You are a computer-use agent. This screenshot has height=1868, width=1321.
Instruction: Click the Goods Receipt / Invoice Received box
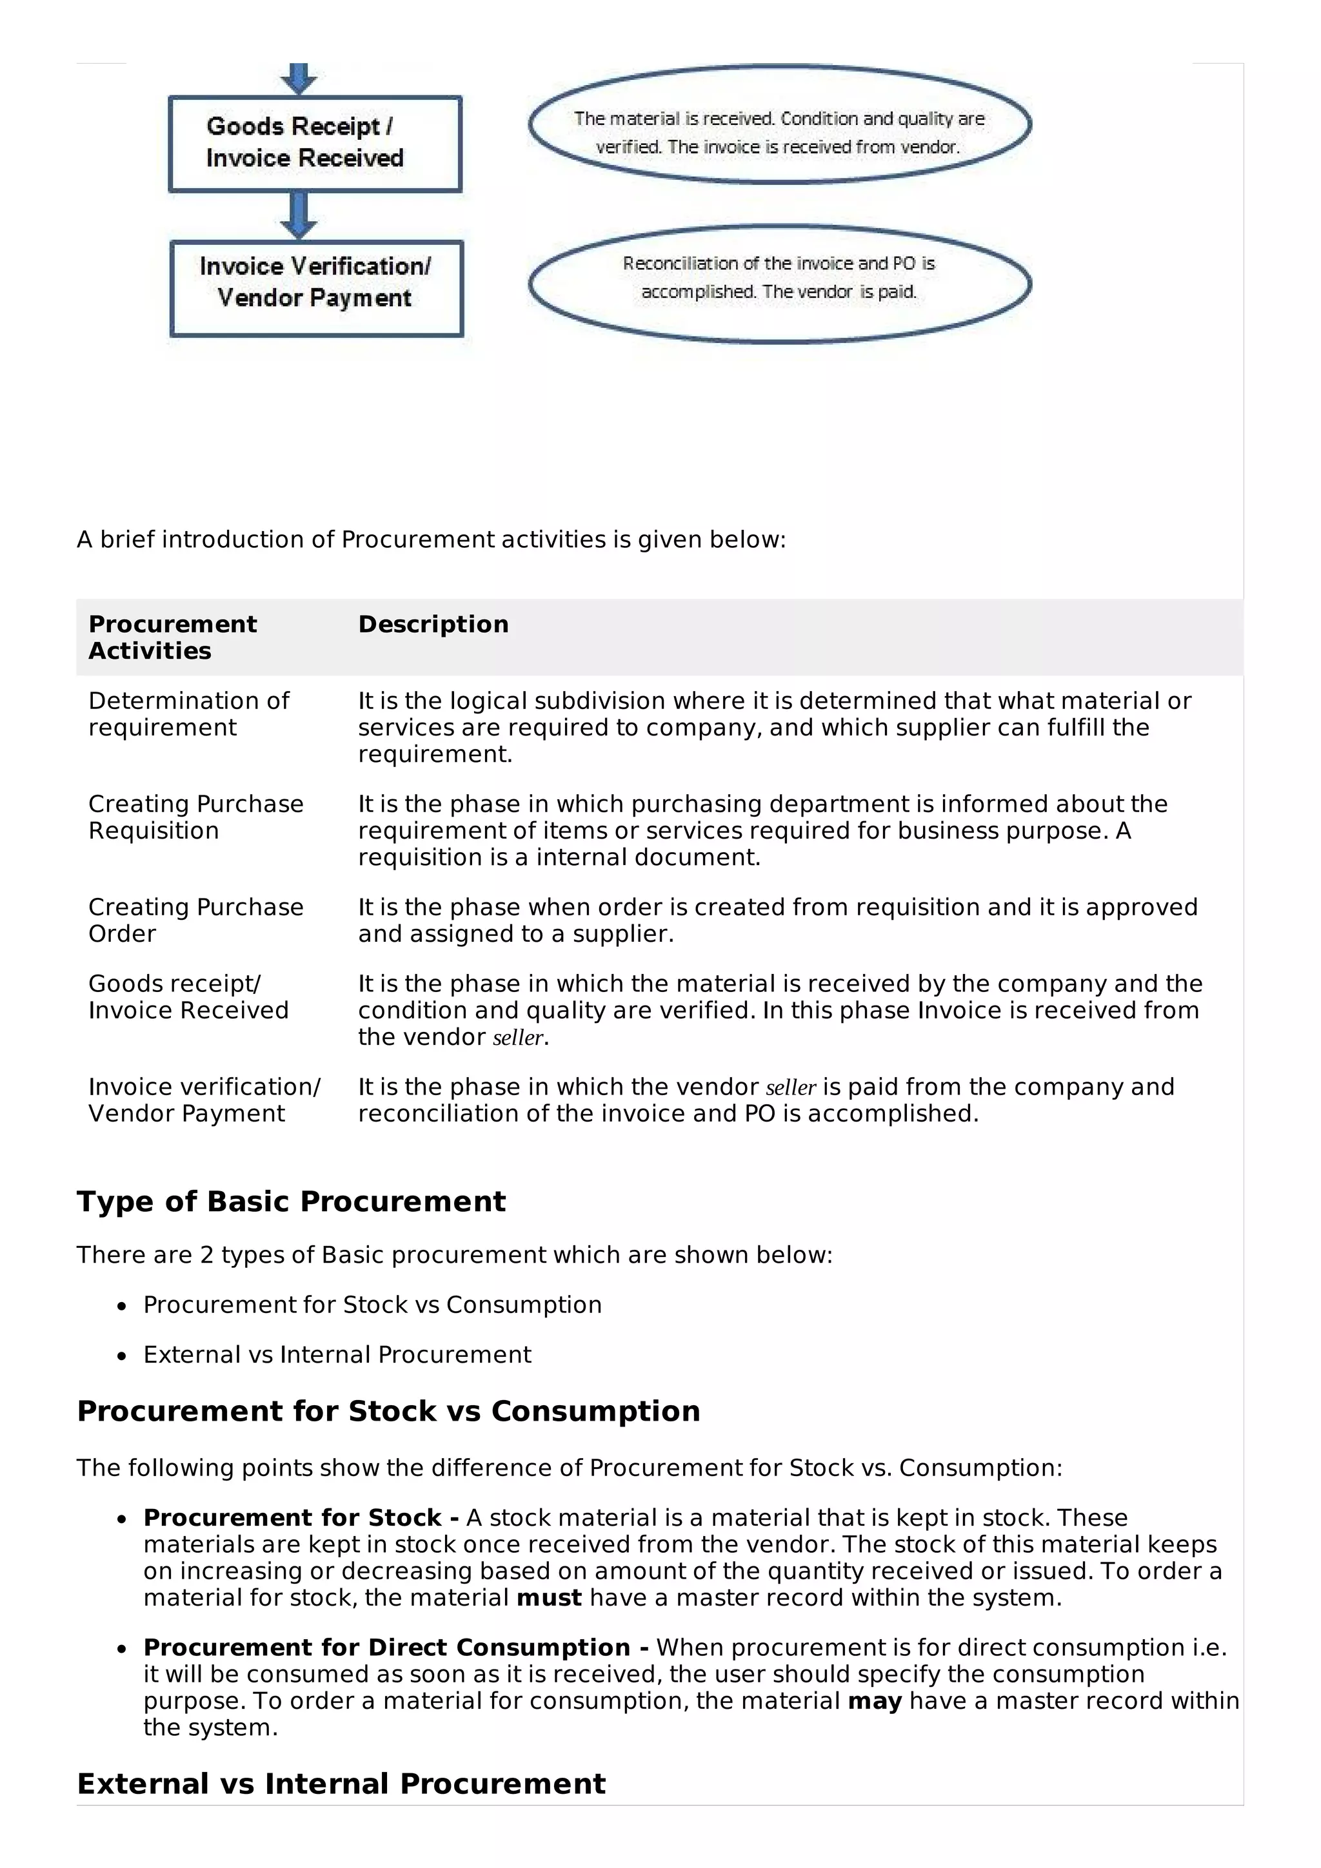click(314, 143)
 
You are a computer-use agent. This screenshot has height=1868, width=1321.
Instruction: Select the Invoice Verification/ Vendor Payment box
click(316, 288)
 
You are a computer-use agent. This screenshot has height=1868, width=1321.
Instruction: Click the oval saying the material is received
click(779, 124)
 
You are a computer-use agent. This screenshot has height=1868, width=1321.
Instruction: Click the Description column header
click(433, 624)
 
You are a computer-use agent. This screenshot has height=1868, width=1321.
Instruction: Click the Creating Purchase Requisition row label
click(195, 817)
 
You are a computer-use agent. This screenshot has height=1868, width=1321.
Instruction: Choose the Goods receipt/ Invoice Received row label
click(188, 997)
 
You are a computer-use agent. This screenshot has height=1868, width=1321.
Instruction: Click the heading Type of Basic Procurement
click(290, 1202)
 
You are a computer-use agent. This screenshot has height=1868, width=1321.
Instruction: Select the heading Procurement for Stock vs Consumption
click(388, 1411)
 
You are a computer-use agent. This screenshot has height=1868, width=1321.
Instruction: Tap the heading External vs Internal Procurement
click(341, 1784)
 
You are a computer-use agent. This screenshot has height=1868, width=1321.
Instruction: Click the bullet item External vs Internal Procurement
click(337, 1355)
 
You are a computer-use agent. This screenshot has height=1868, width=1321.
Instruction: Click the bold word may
click(874, 1701)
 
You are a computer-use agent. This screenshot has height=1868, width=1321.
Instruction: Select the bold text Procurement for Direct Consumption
click(386, 1648)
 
